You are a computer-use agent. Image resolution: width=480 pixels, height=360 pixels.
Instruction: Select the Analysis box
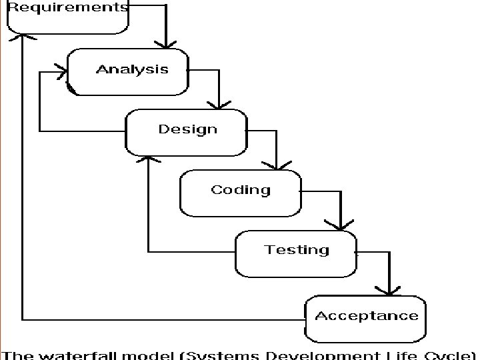(132, 70)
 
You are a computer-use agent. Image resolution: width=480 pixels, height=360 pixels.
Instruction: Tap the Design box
(187, 130)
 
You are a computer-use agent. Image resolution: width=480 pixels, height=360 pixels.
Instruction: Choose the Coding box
(241, 191)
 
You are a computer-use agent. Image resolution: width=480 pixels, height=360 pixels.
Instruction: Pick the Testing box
(296, 251)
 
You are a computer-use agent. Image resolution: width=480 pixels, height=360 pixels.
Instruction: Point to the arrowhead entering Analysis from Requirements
(166, 43)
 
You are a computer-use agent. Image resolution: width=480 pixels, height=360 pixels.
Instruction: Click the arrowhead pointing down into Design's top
(219, 105)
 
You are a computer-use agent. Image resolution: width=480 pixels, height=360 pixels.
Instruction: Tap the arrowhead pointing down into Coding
(277, 165)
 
